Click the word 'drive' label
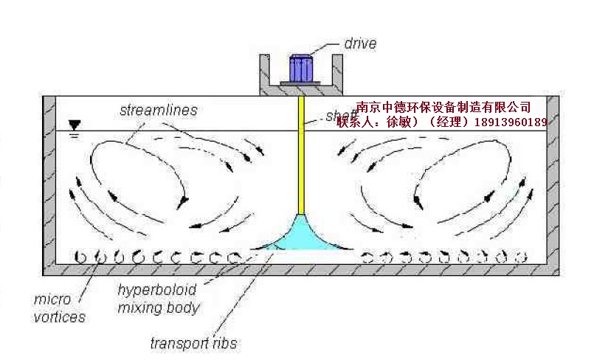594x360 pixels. point(360,44)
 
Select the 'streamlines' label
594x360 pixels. point(158,111)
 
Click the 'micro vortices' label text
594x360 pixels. point(60,309)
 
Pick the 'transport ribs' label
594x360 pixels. point(193,343)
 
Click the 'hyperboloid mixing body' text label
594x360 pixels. point(159,299)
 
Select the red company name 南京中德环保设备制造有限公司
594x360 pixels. point(443,108)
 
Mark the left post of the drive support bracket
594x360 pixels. point(262,74)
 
